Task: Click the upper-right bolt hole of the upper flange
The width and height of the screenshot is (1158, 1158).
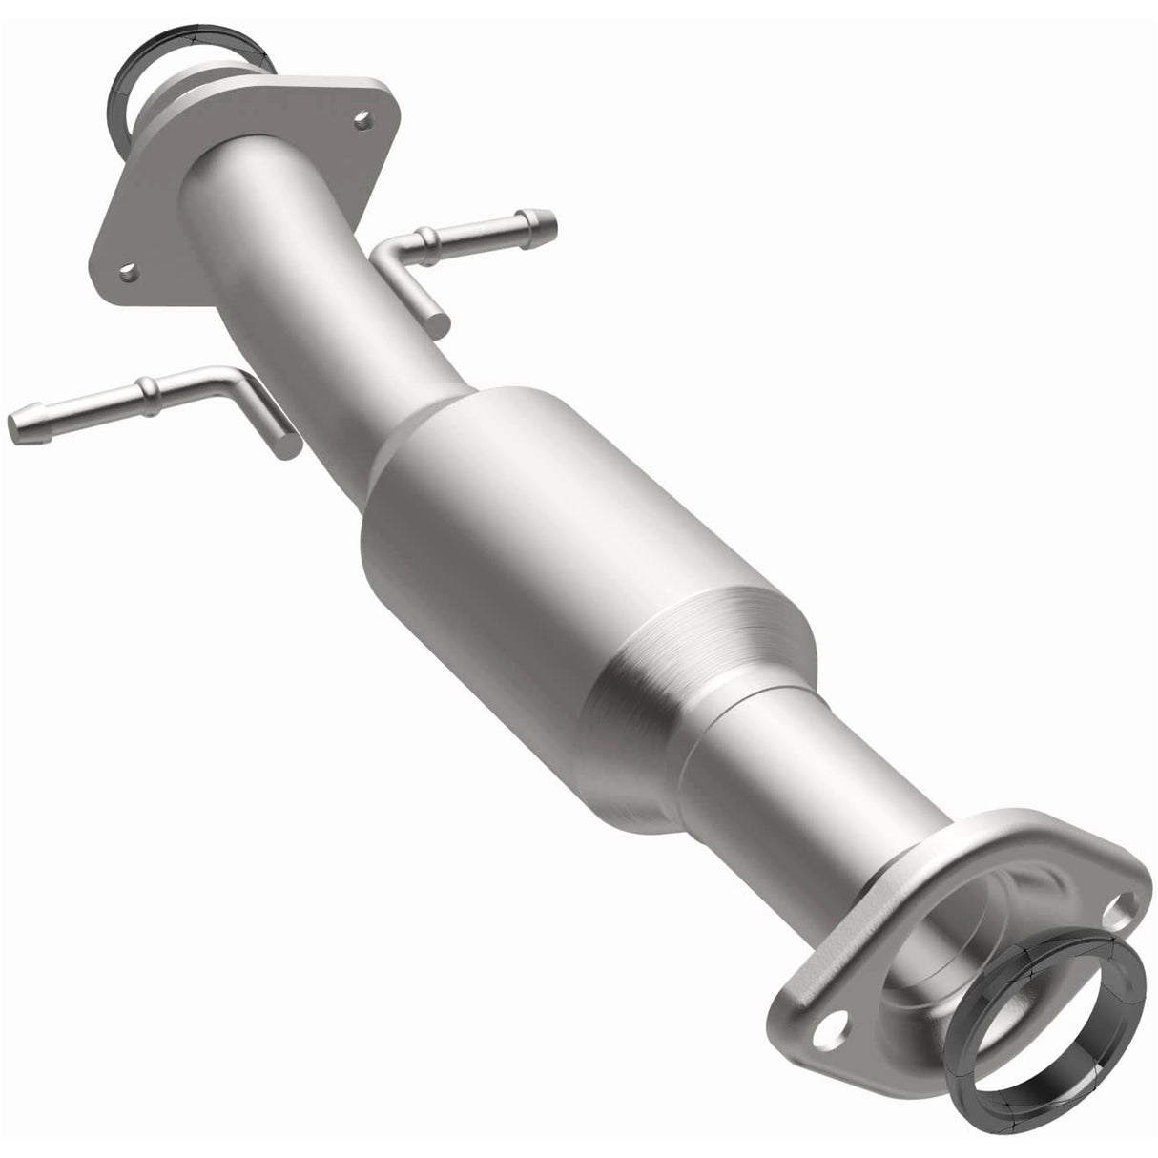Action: tap(361, 119)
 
